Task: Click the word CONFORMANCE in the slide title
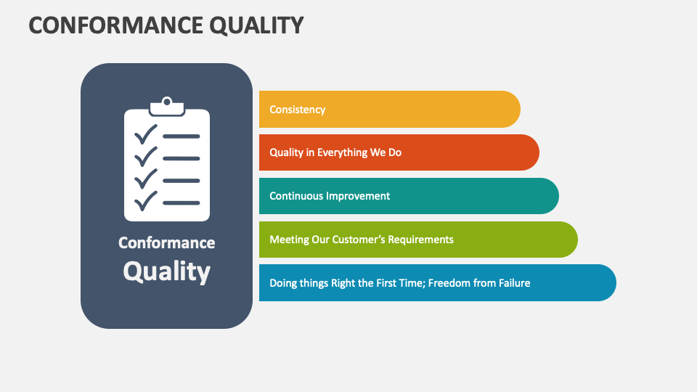click(x=97, y=25)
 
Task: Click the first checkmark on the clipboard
click(x=146, y=135)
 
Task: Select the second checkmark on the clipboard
click(x=146, y=157)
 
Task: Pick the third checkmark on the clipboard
click(x=146, y=179)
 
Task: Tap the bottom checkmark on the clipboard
click(x=146, y=200)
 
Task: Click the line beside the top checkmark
click(x=181, y=136)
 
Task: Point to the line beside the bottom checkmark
click(x=181, y=203)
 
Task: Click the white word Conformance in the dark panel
click(x=166, y=242)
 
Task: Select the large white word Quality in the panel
click(x=166, y=271)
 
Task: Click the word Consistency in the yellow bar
click(x=297, y=110)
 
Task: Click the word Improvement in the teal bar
click(x=357, y=196)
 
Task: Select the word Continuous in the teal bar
click(x=296, y=196)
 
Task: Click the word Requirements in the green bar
click(x=420, y=240)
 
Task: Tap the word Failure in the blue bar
click(x=511, y=283)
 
